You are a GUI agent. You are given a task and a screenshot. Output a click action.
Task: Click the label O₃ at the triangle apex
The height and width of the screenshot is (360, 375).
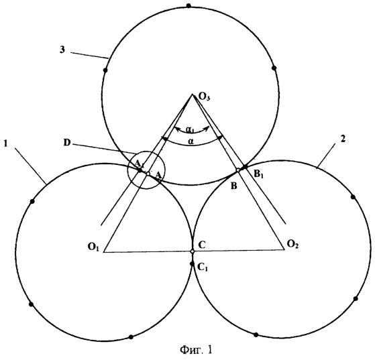(204, 98)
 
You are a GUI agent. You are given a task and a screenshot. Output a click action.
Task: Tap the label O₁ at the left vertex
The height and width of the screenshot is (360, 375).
(93, 247)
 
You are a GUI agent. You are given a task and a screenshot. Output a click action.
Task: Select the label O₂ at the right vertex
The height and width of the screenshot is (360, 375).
(292, 244)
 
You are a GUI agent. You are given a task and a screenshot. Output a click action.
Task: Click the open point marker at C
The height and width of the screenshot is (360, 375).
(193, 251)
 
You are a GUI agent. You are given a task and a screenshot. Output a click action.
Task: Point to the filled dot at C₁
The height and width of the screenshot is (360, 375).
(191, 263)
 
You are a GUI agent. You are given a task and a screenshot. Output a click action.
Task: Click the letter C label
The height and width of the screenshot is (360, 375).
(202, 245)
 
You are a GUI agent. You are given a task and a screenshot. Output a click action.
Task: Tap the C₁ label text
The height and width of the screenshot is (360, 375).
(203, 267)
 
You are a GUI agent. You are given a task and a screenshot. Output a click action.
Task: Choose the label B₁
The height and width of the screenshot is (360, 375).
(259, 174)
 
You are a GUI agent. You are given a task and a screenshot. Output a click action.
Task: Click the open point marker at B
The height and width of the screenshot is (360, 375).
(238, 170)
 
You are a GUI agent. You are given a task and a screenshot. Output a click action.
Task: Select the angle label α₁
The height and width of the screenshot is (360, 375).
(190, 130)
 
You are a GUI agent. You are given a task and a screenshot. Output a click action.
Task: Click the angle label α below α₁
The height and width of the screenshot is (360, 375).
(191, 141)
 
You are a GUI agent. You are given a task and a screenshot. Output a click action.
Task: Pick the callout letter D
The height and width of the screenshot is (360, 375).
(67, 143)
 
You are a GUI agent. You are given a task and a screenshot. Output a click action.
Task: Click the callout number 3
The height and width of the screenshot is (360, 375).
(62, 50)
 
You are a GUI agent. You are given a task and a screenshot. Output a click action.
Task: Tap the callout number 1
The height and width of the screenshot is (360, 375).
(6, 143)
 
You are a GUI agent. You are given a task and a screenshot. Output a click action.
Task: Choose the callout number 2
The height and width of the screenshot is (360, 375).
(343, 139)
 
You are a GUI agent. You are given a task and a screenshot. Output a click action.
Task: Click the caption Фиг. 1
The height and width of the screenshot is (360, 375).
(196, 350)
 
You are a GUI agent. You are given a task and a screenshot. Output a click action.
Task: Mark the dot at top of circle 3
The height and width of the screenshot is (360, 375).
(189, 5)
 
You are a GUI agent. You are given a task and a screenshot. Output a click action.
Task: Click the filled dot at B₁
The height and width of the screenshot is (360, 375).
(244, 166)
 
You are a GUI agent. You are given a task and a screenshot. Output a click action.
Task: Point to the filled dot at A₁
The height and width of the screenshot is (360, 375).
(140, 170)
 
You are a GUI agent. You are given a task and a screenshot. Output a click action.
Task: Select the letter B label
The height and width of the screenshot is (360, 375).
(234, 186)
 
